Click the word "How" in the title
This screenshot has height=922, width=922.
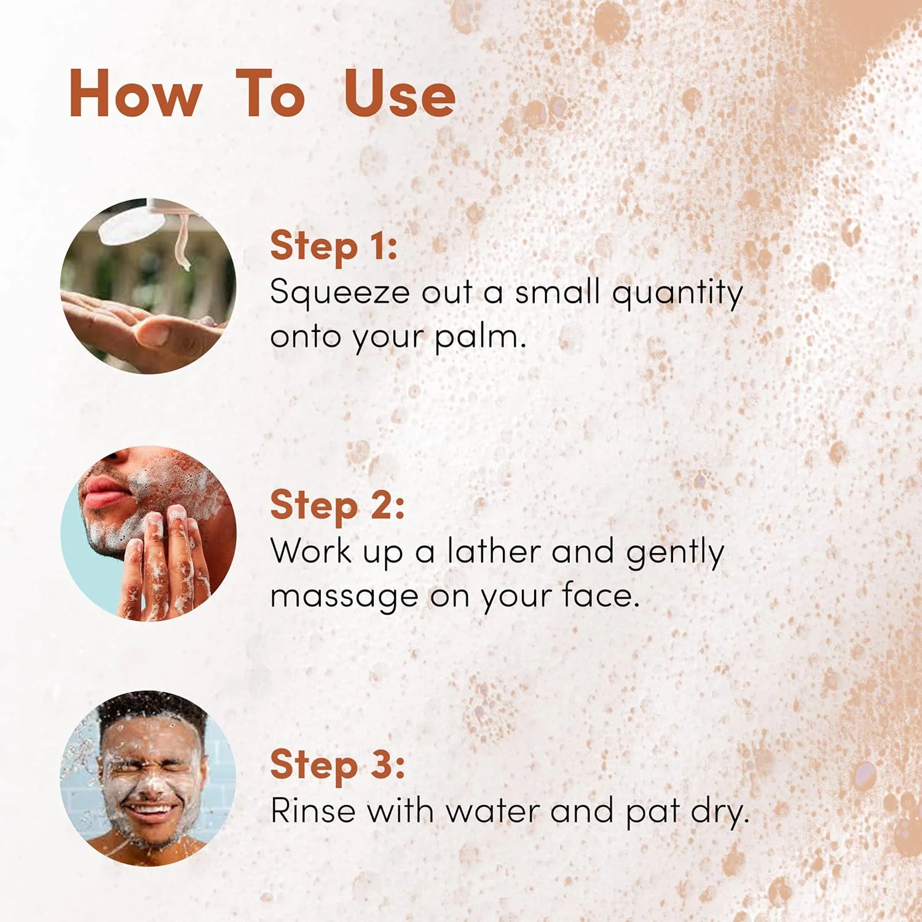pos(135,93)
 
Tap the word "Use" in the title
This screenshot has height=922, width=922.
pos(400,93)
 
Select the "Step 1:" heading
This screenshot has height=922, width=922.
pos(334,246)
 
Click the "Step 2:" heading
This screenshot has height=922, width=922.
pos(337,505)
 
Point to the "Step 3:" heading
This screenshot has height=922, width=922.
pos(337,765)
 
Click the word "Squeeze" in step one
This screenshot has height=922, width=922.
pos(340,293)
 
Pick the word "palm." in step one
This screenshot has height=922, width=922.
pos(480,337)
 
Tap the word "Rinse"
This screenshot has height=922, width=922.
pos(313,810)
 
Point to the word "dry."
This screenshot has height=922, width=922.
pos(720,811)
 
